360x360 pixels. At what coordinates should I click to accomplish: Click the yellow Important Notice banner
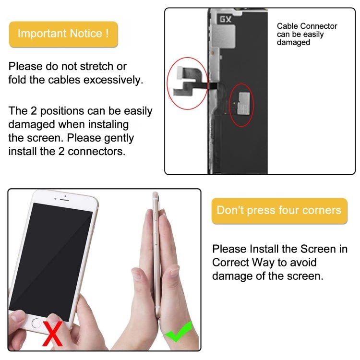point(63,34)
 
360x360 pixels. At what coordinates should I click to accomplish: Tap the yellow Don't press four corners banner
point(279,211)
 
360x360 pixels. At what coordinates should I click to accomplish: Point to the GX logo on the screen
point(225,20)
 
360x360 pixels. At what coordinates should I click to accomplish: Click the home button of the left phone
point(36,323)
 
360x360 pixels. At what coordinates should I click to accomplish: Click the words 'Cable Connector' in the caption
point(307,26)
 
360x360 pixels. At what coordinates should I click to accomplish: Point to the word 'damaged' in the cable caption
point(293,43)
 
